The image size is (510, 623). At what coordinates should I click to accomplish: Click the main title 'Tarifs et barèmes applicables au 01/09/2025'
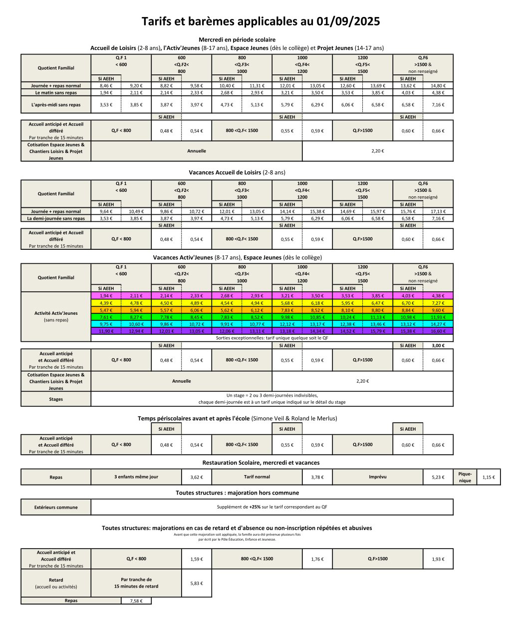(x=260, y=21)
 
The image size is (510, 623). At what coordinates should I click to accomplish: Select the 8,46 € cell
(x=106, y=85)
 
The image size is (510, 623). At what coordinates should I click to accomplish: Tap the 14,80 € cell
(x=438, y=85)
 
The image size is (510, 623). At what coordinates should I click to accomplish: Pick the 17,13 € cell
(x=438, y=211)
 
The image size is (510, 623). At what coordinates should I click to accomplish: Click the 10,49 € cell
(x=136, y=211)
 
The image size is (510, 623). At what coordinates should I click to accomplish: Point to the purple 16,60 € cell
(x=438, y=331)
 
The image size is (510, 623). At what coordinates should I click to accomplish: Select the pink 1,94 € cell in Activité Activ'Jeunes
(x=106, y=296)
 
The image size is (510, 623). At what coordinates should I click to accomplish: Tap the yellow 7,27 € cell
(x=438, y=303)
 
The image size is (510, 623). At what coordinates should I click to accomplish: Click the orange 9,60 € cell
(x=438, y=310)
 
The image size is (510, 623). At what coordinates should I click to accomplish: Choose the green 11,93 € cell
(x=438, y=317)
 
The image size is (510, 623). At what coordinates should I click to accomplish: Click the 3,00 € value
(x=438, y=345)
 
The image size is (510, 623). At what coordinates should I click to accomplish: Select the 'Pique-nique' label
(x=465, y=477)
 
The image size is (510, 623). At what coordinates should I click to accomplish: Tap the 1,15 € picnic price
(x=489, y=477)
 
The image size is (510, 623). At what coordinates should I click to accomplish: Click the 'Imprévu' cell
(x=377, y=477)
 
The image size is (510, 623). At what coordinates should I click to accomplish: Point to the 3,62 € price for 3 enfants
(x=197, y=477)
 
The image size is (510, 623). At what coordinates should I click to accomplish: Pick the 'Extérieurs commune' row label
(x=56, y=507)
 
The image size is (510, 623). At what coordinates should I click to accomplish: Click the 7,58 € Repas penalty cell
(x=136, y=601)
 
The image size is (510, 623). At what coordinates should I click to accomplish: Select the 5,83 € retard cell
(x=197, y=583)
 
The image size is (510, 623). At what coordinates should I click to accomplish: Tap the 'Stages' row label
(x=56, y=399)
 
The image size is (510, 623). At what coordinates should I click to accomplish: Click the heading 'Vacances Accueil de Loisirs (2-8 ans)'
(x=237, y=172)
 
